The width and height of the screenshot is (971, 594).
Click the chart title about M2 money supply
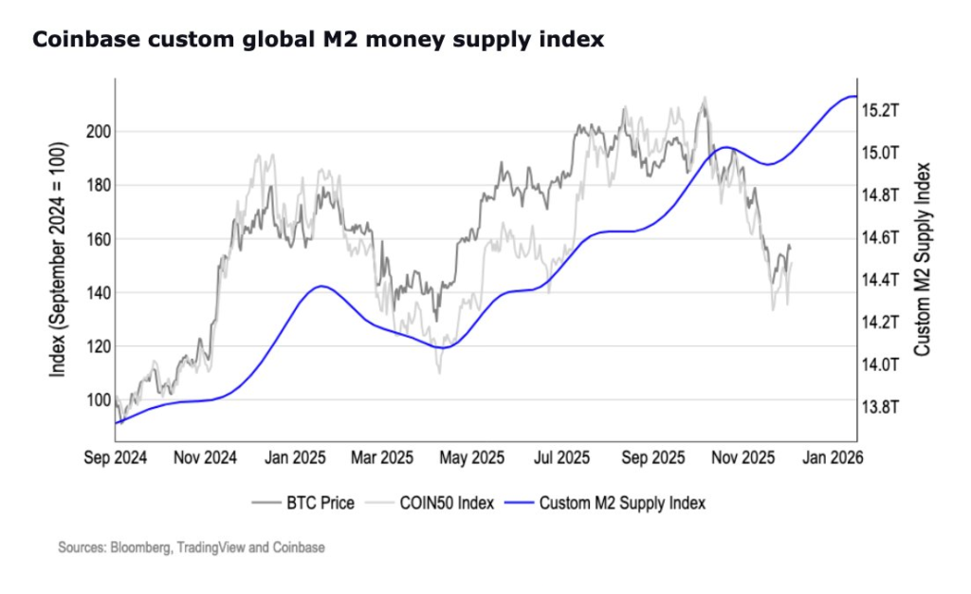(x=319, y=40)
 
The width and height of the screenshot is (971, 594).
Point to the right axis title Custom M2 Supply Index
(x=921, y=259)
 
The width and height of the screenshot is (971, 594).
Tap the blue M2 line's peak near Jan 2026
(x=852, y=96)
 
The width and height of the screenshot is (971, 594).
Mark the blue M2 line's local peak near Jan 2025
(x=322, y=286)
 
